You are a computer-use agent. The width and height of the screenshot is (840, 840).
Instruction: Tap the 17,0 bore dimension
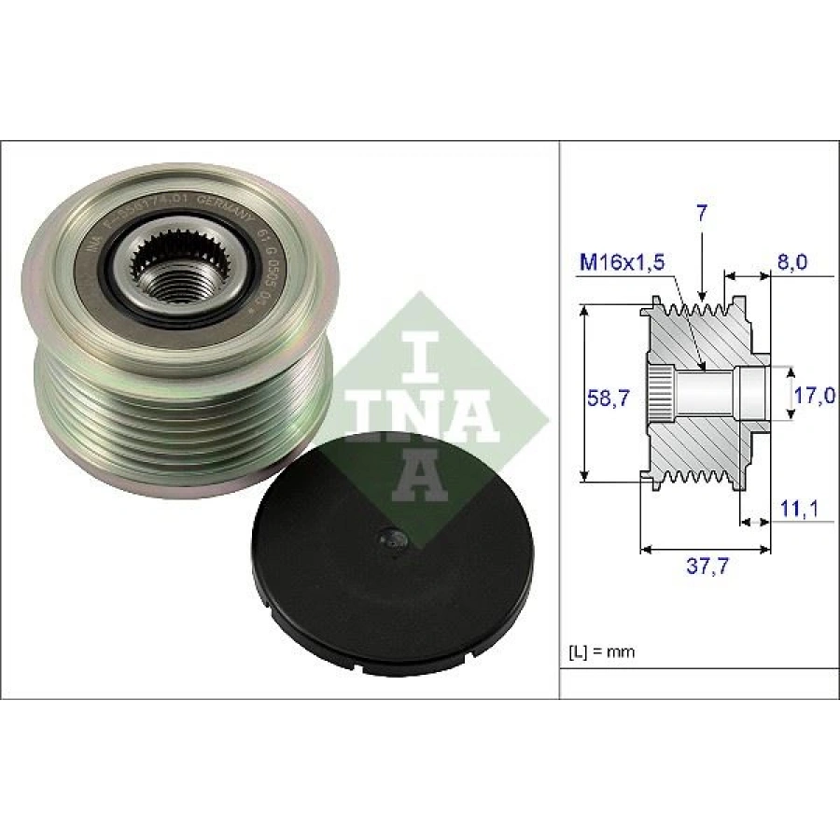[x=814, y=396]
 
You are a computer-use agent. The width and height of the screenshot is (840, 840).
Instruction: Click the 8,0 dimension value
[x=791, y=263]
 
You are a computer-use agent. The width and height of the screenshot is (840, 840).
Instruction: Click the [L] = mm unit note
[x=601, y=651]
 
